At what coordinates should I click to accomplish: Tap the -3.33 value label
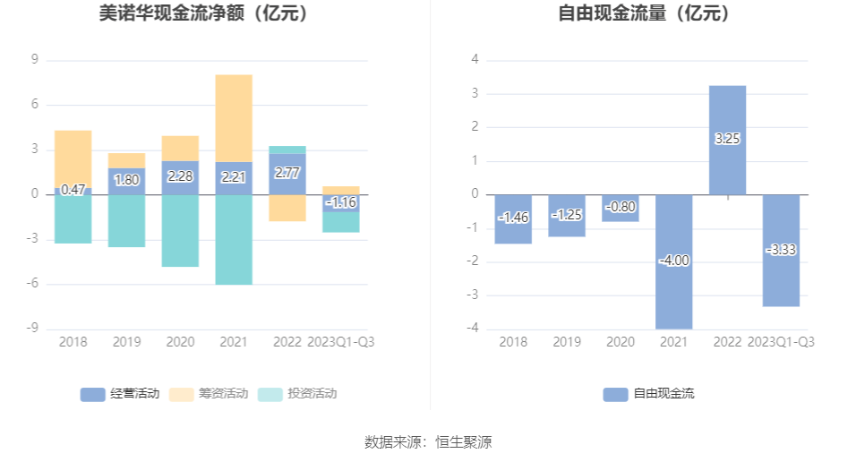(x=781, y=250)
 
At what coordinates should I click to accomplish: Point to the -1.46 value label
(x=513, y=218)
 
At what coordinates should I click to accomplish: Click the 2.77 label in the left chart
(x=287, y=174)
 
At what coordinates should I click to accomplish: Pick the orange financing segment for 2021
(x=234, y=117)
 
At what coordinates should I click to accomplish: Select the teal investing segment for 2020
(x=180, y=231)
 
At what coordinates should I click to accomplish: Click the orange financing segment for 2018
(x=73, y=158)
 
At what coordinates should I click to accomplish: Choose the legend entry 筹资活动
(x=209, y=393)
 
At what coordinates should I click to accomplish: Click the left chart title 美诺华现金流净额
(x=203, y=14)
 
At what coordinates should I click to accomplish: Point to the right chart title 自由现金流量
(x=644, y=14)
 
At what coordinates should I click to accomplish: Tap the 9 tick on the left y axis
(x=35, y=60)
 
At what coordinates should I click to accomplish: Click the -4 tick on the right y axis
(x=474, y=329)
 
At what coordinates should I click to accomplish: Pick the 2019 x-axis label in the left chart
(x=126, y=341)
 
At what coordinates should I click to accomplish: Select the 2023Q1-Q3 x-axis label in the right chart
(x=781, y=341)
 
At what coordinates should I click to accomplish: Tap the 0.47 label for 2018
(x=73, y=190)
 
